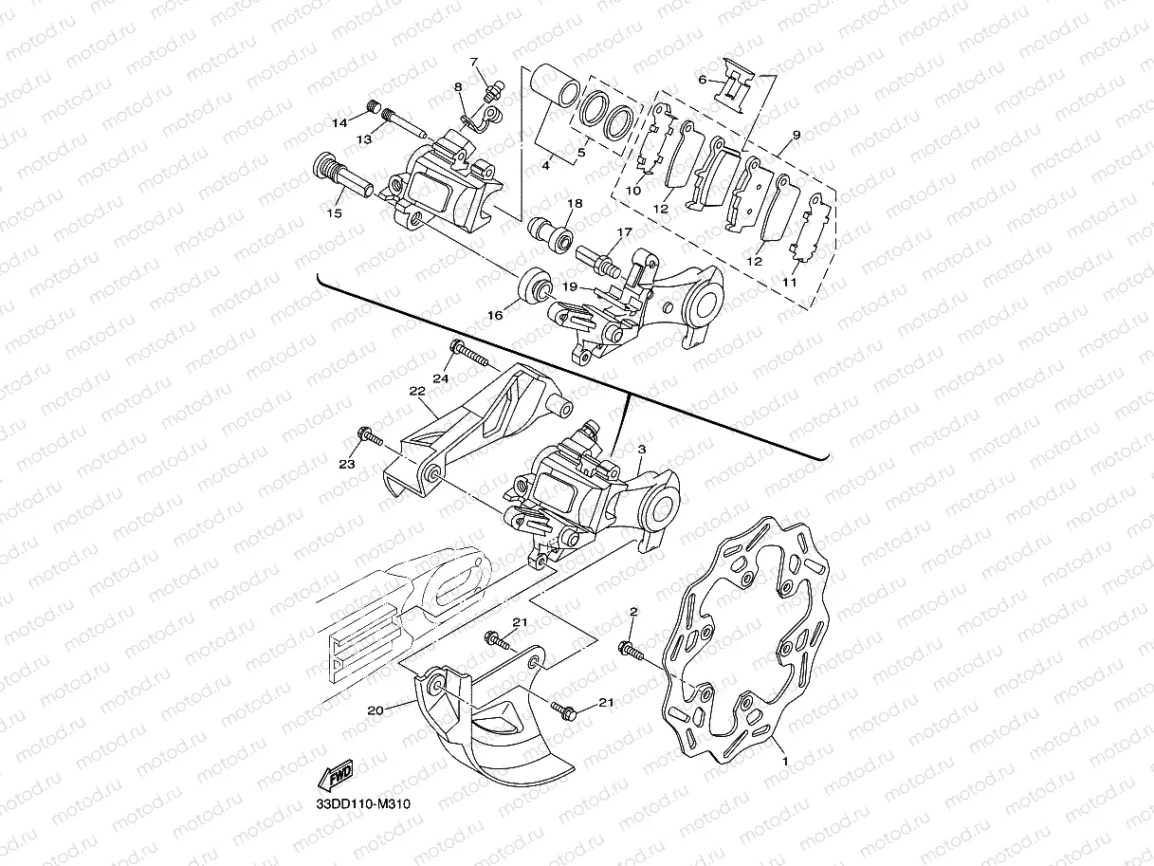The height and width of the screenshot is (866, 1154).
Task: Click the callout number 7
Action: pyautogui.click(x=474, y=63)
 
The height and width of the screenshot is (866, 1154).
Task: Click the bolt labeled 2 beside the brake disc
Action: pyautogui.click(x=630, y=650)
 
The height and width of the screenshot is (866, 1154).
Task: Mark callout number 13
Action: pyautogui.click(x=363, y=139)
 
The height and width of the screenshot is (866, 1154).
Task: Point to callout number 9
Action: pyautogui.click(x=796, y=136)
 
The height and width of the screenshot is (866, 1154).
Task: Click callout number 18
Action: pyautogui.click(x=575, y=204)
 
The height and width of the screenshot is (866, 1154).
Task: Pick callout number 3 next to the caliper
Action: pyautogui.click(x=642, y=449)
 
